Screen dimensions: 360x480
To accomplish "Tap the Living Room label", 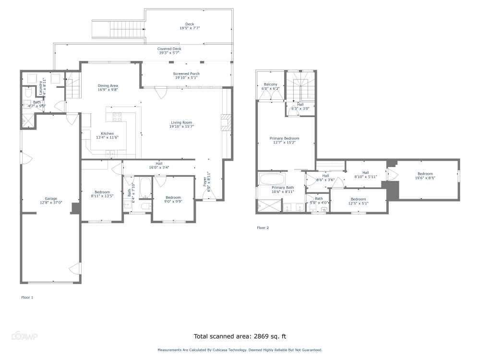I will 180,124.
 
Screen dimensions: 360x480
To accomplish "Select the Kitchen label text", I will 107,135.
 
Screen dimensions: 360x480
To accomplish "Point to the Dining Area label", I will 108,87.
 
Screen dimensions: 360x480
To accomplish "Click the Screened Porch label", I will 186,75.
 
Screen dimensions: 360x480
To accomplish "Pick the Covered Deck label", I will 169,50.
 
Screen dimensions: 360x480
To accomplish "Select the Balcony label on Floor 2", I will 270,86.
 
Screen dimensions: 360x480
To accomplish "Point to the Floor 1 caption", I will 27,298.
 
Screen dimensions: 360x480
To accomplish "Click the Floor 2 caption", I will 263,228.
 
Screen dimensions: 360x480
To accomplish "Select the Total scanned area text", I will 240,336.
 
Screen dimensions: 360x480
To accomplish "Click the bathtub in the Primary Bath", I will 271,180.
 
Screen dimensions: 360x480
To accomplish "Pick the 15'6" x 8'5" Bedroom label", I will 425,176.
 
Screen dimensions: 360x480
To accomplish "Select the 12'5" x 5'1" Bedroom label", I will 358,201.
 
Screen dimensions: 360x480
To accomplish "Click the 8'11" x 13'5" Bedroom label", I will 102,194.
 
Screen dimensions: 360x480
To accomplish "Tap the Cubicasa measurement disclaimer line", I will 240,350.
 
